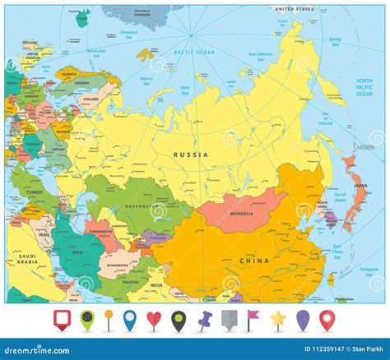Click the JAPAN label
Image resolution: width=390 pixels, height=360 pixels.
pyautogui.click(x=360, y=186)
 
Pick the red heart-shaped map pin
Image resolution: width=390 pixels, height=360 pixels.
pyautogui.click(x=152, y=318)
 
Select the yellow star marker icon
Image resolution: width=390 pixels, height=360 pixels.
pyautogui.click(x=280, y=318)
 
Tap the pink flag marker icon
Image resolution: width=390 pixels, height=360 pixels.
pyautogui.click(x=254, y=318)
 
